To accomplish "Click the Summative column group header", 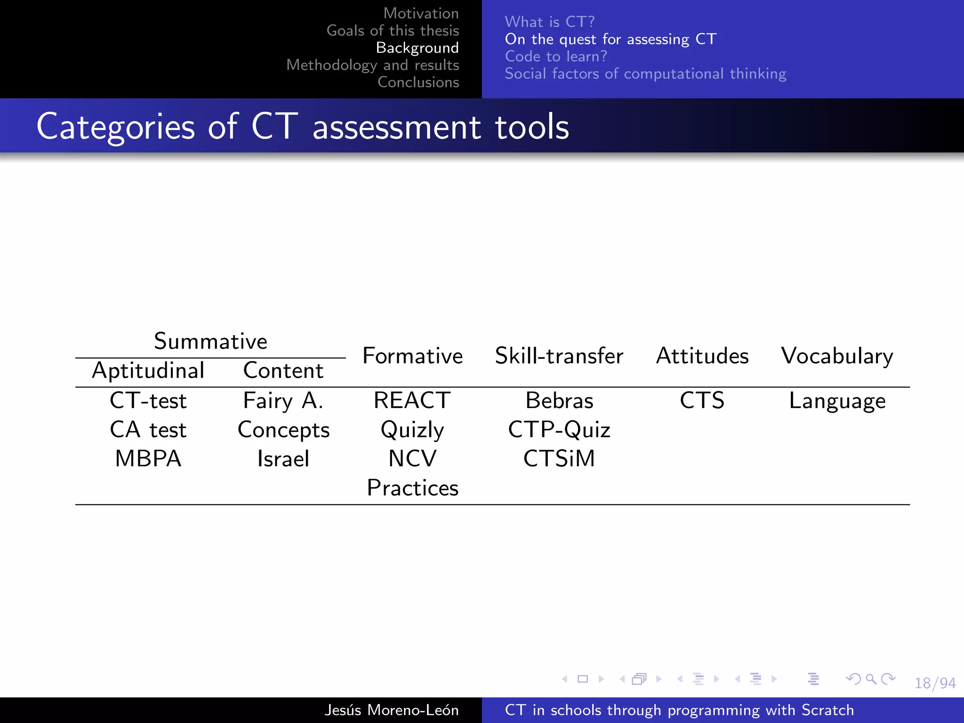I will coord(210,341).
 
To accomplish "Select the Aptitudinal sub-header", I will coord(148,370).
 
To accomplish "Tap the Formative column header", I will coord(412,356).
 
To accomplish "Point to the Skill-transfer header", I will coord(559,356).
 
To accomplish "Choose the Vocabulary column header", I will coord(837,356).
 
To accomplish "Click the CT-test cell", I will coord(148,401).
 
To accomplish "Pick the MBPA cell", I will coord(148,458).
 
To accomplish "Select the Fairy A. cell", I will coord(283,401).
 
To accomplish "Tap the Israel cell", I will coord(283,458).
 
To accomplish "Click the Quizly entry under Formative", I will coord(412,430).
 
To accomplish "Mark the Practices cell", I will coord(412,488).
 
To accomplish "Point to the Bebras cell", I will coord(559,401).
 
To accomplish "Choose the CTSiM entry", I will coord(559,458).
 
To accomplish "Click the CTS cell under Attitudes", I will coord(702,401).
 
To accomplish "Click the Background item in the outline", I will coord(417,48).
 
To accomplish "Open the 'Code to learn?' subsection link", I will coord(556,56).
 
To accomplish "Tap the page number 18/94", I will coord(935,683).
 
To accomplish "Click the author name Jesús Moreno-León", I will coord(391,710).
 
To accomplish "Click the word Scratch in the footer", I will coord(827,710).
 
